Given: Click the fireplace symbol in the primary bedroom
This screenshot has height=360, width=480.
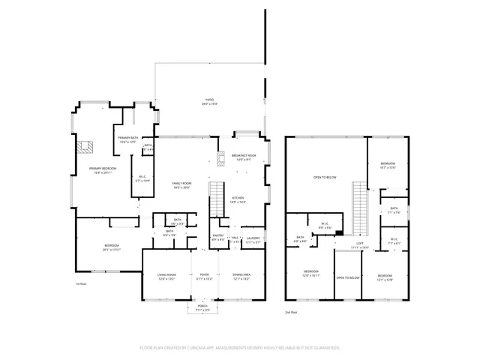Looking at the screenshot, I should (86, 146).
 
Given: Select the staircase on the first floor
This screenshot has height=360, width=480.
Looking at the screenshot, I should (216, 196).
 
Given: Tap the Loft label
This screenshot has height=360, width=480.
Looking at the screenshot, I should (359, 244).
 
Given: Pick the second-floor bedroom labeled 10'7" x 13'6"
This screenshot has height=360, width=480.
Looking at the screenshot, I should (388, 164).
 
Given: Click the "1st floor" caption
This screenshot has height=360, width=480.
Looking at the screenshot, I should (81, 284).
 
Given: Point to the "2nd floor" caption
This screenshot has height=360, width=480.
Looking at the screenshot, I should (291, 310).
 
